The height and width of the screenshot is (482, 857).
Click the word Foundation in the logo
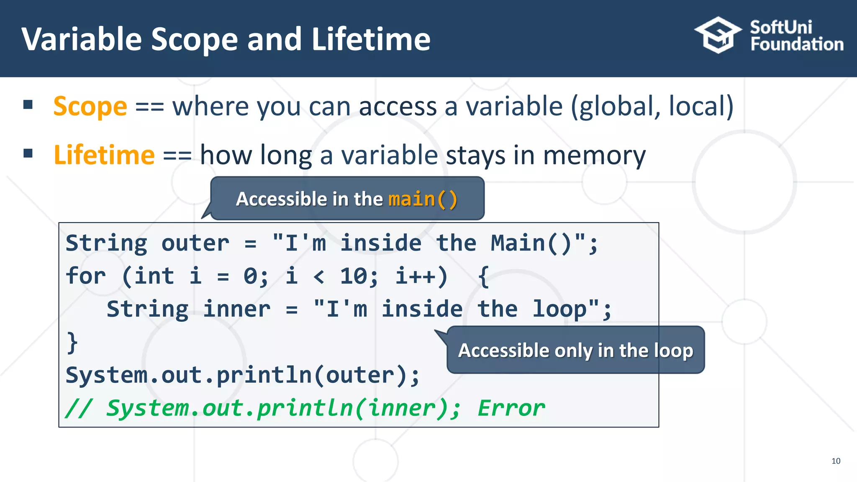tap(797, 44)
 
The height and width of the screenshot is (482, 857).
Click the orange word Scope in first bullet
tap(90, 106)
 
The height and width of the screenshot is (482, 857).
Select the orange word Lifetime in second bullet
tap(104, 155)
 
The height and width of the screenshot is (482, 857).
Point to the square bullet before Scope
tap(28, 105)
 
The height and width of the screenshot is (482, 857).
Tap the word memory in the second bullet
tap(594, 155)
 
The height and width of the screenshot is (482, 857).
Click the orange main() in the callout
tap(423, 199)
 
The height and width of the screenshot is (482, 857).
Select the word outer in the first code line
tap(195, 243)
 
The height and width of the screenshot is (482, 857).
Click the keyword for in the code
tap(86, 276)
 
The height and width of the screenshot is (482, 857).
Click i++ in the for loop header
tap(421, 276)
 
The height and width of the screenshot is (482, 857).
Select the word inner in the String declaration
tap(236, 309)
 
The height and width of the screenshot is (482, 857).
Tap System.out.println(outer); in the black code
tap(242, 375)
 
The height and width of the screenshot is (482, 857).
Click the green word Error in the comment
tap(511, 408)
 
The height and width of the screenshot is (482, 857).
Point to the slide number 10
tap(836, 461)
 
